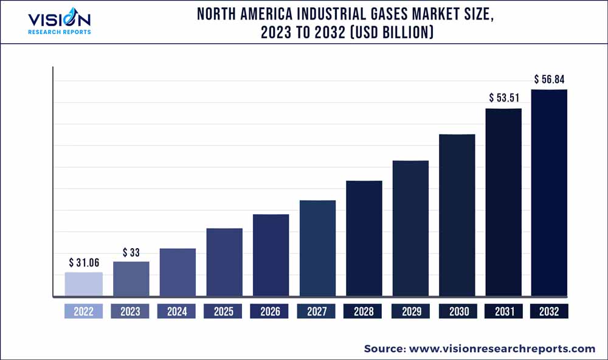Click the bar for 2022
(84, 285)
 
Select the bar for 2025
(224, 263)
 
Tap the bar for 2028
(364, 239)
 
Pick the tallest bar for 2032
(549, 193)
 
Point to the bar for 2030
(457, 216)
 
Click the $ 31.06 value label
(84, 263)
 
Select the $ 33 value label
(131, 252)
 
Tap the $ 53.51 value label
(503, 98)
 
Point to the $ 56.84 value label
(550, 79)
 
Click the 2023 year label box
(130, 311)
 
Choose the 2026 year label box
(270, 311)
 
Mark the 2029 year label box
(410, 311)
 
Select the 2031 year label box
(503, 311)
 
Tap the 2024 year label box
(177, 311)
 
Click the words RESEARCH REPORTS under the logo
(60, 32)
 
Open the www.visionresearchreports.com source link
(502, 348)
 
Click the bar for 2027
(317, 249)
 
